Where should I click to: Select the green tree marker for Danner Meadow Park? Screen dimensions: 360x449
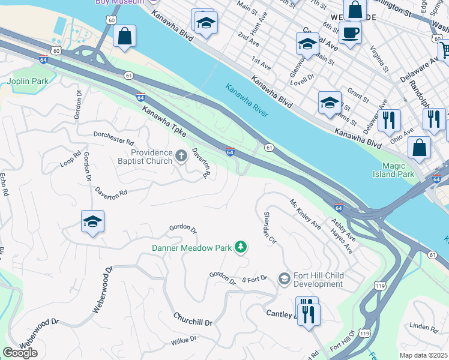click(241, 247)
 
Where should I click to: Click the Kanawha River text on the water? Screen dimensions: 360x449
click(247, 100)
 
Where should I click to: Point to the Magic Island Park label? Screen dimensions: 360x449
click(397, 170)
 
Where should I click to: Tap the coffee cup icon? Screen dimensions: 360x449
click(350, 32)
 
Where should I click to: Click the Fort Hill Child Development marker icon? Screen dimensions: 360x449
click(285, 280)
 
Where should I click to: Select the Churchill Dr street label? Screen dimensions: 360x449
click(193, 319)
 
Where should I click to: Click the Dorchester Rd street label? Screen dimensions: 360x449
click(113, 138)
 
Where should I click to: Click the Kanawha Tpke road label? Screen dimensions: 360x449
click(164, 121)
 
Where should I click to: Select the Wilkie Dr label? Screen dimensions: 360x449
click(184, 341)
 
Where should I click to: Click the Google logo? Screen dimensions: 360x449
click(20, 353)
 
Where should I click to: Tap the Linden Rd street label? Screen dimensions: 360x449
click(424, 327)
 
